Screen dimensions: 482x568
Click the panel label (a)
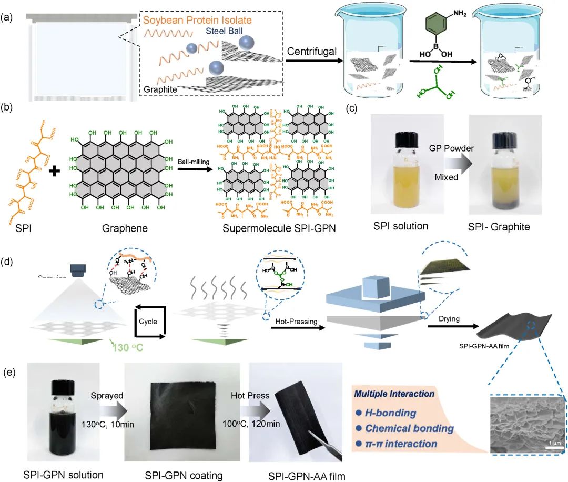[x=8, y=17]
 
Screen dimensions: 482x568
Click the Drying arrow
[x=448, y=327]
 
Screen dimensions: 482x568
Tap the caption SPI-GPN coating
[x=183, y=476]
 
